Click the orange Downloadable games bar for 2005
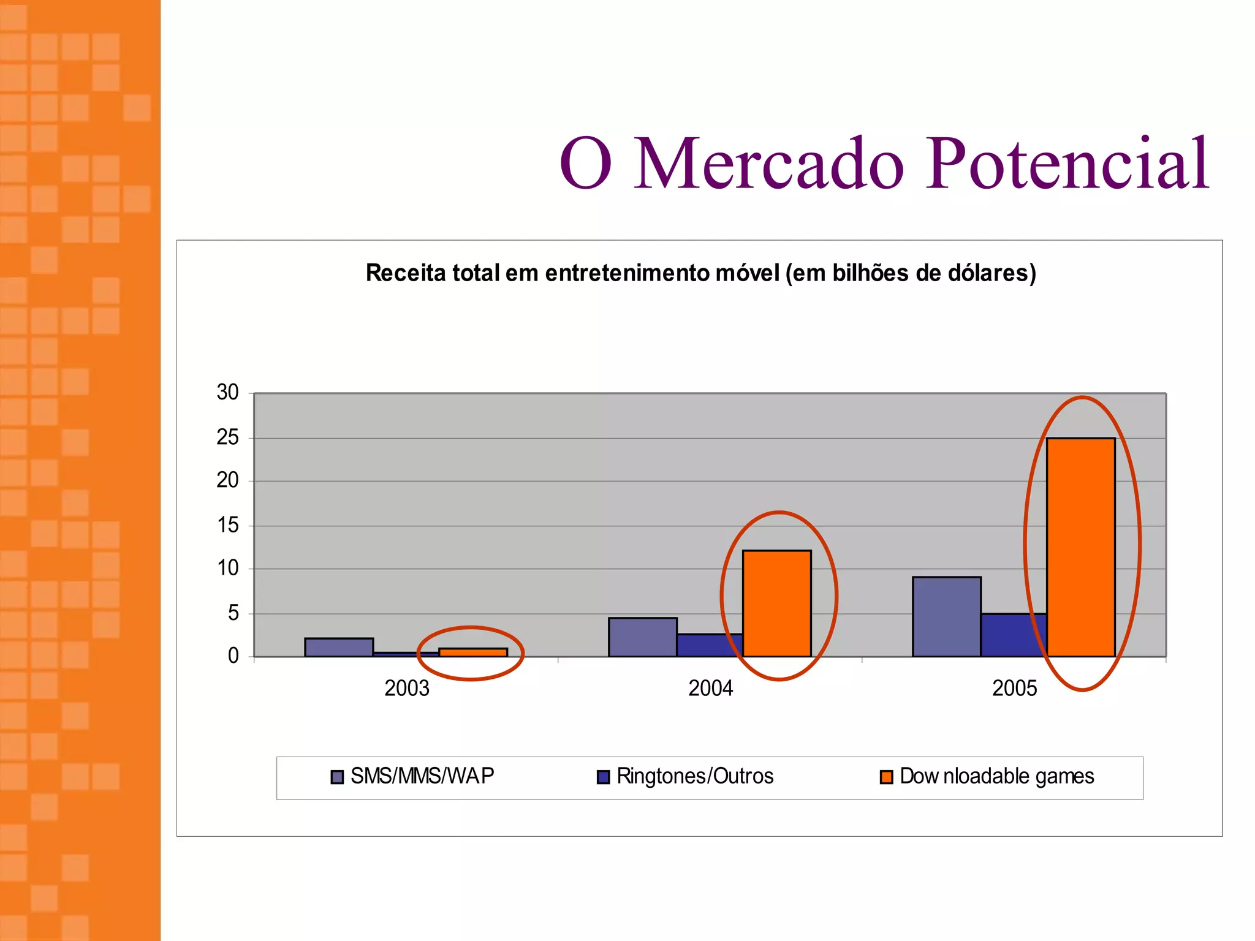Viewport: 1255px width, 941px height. point(1080,547)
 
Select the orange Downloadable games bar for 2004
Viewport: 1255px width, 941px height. point(776,603)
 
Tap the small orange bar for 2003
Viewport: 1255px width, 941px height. point(472,652)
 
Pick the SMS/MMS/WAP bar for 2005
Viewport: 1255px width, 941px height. point(946,616)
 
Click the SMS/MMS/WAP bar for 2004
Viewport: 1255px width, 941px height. point(642,637)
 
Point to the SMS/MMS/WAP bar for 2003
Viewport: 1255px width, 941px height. point(339,648)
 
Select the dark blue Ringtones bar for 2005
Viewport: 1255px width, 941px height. point(1013,635)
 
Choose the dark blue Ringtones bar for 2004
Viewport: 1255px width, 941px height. point(709,645)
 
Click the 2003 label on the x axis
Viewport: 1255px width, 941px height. point(407,689)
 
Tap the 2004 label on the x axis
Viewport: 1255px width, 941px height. point(710,689)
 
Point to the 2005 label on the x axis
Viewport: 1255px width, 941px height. point(1014,689)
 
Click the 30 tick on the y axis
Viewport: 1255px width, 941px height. point(227,392)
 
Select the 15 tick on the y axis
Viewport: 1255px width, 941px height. point(227,525)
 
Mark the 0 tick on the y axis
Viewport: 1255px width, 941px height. point(233,656)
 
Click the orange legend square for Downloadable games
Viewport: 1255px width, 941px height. point(886,777)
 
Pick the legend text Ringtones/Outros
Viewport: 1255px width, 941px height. point(695,776)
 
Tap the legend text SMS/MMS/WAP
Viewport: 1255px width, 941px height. point(422,776)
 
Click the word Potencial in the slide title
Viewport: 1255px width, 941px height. point(1066,164)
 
